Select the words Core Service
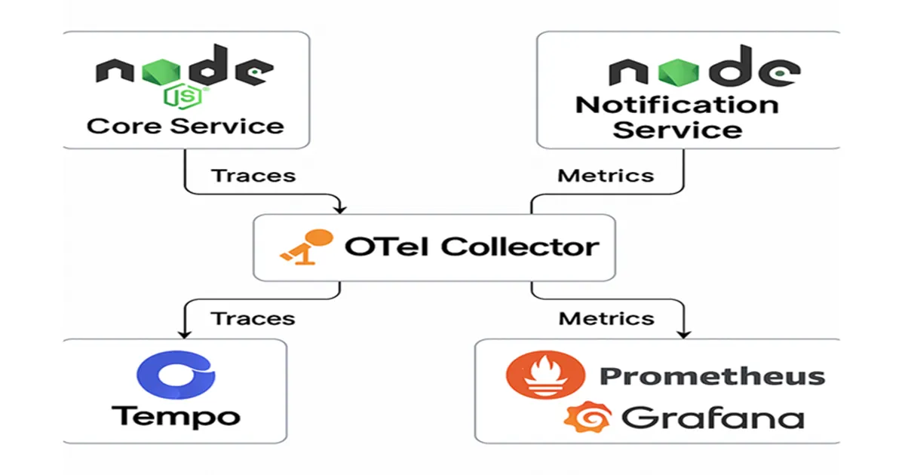[x=186, y=125]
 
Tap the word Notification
[x=676, y=104]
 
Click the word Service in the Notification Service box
[x=676, y=129]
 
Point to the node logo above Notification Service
[x=703, y=70]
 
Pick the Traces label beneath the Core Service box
[x=253, y=176]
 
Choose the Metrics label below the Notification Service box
[x=606, y=176]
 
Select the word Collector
[x=520, y=246]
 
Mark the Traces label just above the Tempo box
[x=253, y=317]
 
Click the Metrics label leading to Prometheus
[x=606, y=317]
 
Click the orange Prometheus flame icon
[x=545, y=375]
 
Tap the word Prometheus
[x=711, y=375]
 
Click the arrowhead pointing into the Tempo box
[x=183, y=333]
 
